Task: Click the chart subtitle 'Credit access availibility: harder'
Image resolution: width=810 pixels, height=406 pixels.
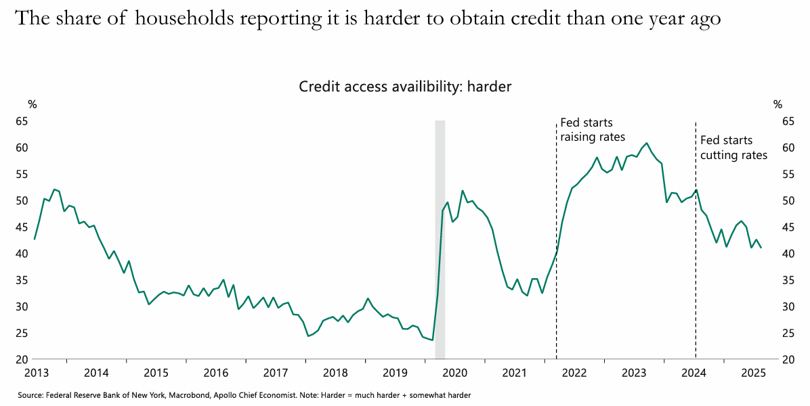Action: click(405, 87)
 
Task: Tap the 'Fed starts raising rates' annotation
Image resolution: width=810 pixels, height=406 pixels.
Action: click(593, 129)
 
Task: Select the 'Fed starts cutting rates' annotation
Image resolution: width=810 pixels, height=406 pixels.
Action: click(733, 148)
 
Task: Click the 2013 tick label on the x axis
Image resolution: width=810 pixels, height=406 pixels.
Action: click(36, 373)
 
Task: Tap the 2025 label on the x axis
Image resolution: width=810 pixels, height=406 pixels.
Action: click(753, 373)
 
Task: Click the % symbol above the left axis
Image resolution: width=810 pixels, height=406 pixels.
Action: click(33, 104)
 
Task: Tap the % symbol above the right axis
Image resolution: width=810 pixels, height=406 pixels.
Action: click(777, 104)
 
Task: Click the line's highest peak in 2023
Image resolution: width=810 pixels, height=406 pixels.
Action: click(647, 143)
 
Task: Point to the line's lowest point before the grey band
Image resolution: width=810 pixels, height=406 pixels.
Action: click(432, 340)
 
